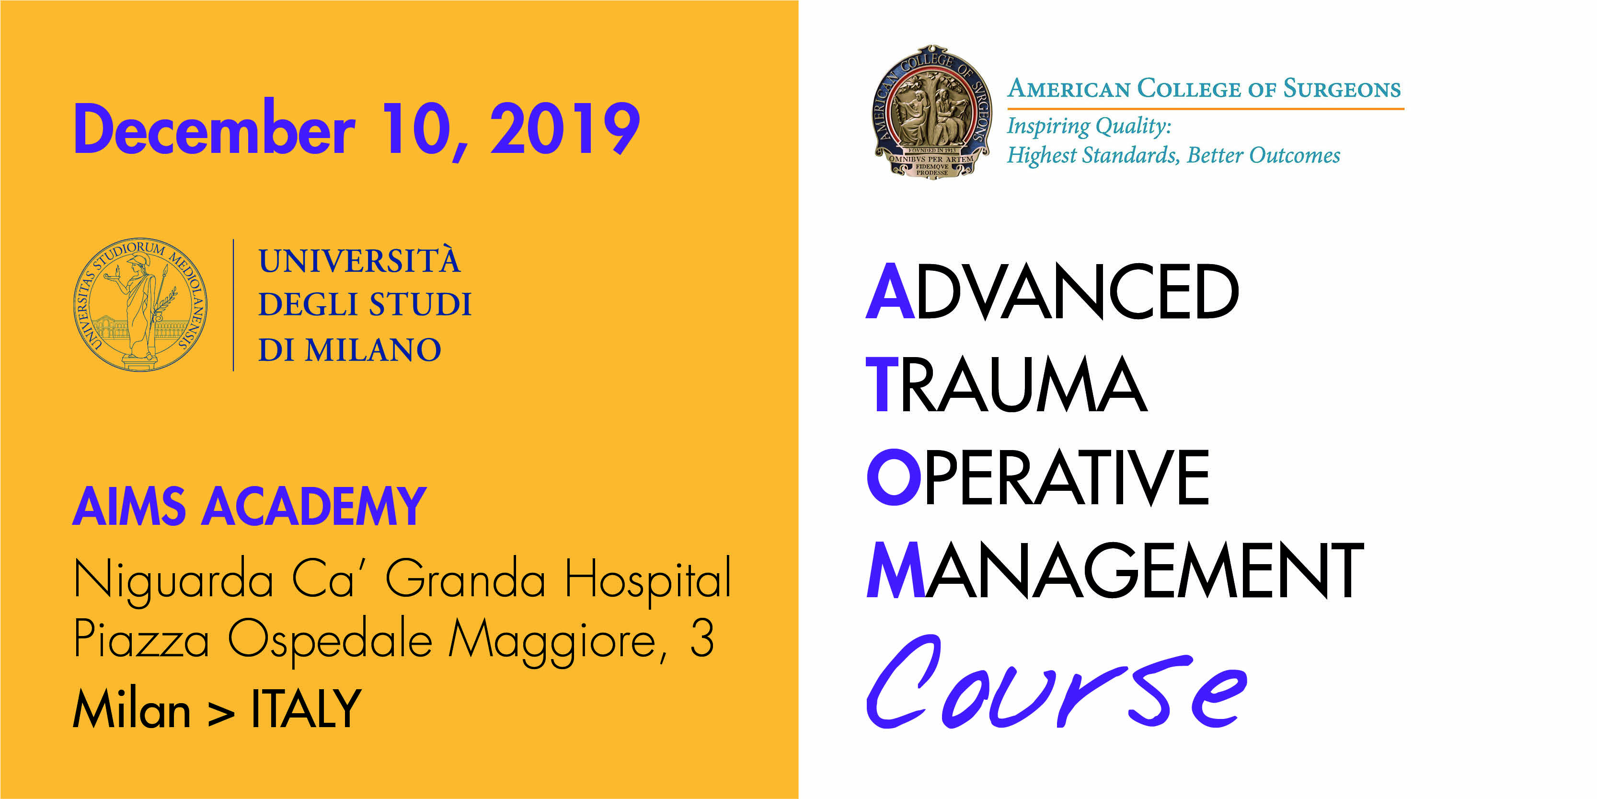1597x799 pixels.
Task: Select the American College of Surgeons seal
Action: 932,112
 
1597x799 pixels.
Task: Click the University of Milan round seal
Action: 140,304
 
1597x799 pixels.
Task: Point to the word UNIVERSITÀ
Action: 359,261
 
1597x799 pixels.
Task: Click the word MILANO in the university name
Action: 373,350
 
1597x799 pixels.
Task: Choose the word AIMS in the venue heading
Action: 129,506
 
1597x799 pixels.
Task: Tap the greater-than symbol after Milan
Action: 221,714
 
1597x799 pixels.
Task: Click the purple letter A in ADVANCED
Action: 890,291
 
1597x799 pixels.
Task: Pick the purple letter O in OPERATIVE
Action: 894,476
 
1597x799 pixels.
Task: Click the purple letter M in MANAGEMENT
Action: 896,569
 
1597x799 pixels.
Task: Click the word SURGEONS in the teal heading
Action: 1342,89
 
